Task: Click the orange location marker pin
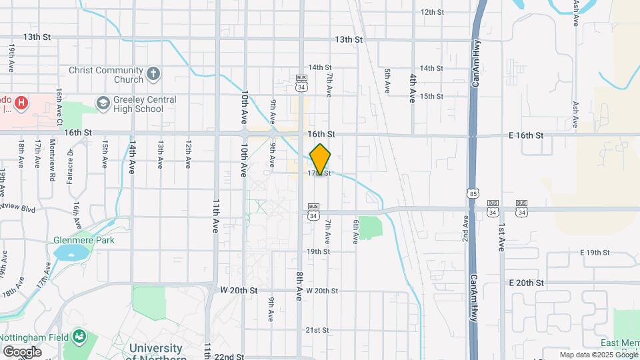[320, 159]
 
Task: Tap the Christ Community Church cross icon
[154, 74]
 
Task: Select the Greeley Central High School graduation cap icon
[103, 103]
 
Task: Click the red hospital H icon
[22, 103]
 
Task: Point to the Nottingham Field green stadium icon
[80, 335]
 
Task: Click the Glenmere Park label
[85, 240]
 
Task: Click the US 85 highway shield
[472, 193]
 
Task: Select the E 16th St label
[526, 135]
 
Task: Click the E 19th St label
[595, 253]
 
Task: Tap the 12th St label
[432, 12]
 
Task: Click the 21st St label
[317, 330]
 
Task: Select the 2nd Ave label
[465, 228]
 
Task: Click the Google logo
[22, 351]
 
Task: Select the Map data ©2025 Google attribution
[597, 355]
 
